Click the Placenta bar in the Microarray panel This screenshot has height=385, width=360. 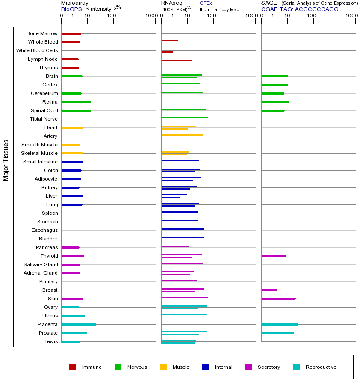(79, 324)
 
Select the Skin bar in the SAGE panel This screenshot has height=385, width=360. (278, 299)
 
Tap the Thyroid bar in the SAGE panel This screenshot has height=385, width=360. (274, 256)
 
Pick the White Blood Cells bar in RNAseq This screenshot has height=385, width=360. (167, 52)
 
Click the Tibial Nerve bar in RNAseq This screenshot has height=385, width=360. (184, 118)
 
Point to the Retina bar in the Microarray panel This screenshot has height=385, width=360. (76, 102)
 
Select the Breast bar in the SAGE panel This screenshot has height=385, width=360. (269, 290)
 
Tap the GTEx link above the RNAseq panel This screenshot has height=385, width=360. (206, 3)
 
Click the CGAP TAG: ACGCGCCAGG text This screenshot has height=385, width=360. (300, 9)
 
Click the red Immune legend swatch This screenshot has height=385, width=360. (73, 367)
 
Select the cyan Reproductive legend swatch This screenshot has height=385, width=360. (296, 367)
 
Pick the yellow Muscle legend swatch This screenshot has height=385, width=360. (163, 367)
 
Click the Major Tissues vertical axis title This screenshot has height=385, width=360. (6, 160)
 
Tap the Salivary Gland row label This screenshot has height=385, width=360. (41, 264)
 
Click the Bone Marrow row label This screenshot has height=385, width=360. (42, 33)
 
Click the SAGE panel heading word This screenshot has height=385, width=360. (269, 3)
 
